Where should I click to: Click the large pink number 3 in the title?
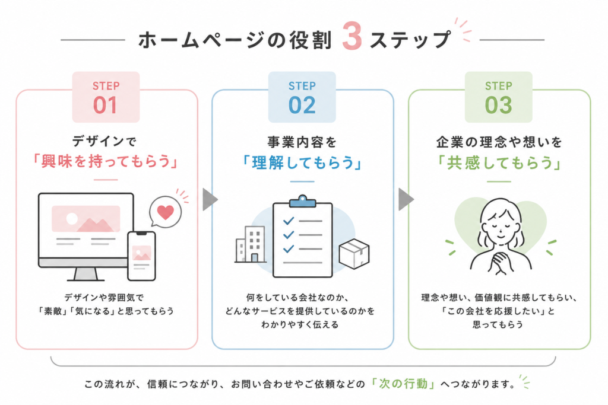coord(352,36)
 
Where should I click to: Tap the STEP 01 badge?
coord(106,97)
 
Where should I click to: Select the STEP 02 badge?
coord(302,97)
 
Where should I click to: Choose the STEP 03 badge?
coord(499,97)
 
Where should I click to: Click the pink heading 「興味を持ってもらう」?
coord(106,161)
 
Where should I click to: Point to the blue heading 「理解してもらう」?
coord(302,163)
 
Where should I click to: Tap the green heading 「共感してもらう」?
coord(499,163)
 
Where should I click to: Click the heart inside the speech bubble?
coord(166,212)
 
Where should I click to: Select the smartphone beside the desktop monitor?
coord(141,256)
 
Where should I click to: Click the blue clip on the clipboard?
coord(302,201)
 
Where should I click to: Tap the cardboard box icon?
coord(354,254)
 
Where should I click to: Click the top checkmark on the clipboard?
coord(289,221)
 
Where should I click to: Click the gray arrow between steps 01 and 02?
coord(210,200)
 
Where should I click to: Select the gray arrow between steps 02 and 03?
coord(406,200)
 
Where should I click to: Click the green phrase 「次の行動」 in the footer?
coord(403,384)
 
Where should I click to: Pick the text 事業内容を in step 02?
coord(302,142)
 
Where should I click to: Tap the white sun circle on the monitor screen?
coord(72,219)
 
